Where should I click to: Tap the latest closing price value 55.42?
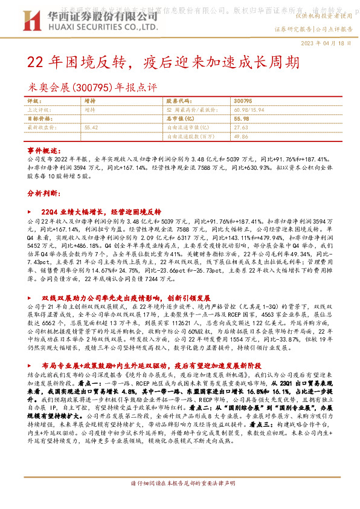tap(92, 128)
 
